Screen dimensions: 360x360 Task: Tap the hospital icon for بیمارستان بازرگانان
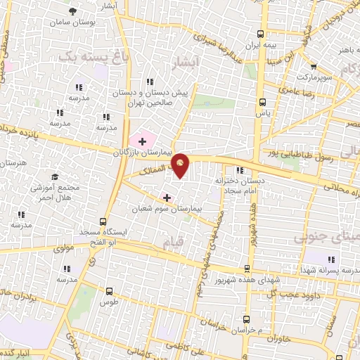[x=143, y=141]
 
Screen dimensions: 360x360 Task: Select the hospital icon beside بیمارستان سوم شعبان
[x=166, y=198]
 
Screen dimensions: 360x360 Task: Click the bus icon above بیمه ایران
[x=261, y=33]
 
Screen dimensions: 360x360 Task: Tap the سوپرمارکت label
[x=312, y=76]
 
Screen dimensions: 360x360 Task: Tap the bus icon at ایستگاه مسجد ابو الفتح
[x=103, y=221]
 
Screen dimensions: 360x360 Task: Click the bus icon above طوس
[x=109, y=290]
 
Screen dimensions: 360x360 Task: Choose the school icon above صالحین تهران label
[x=148, y=81]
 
